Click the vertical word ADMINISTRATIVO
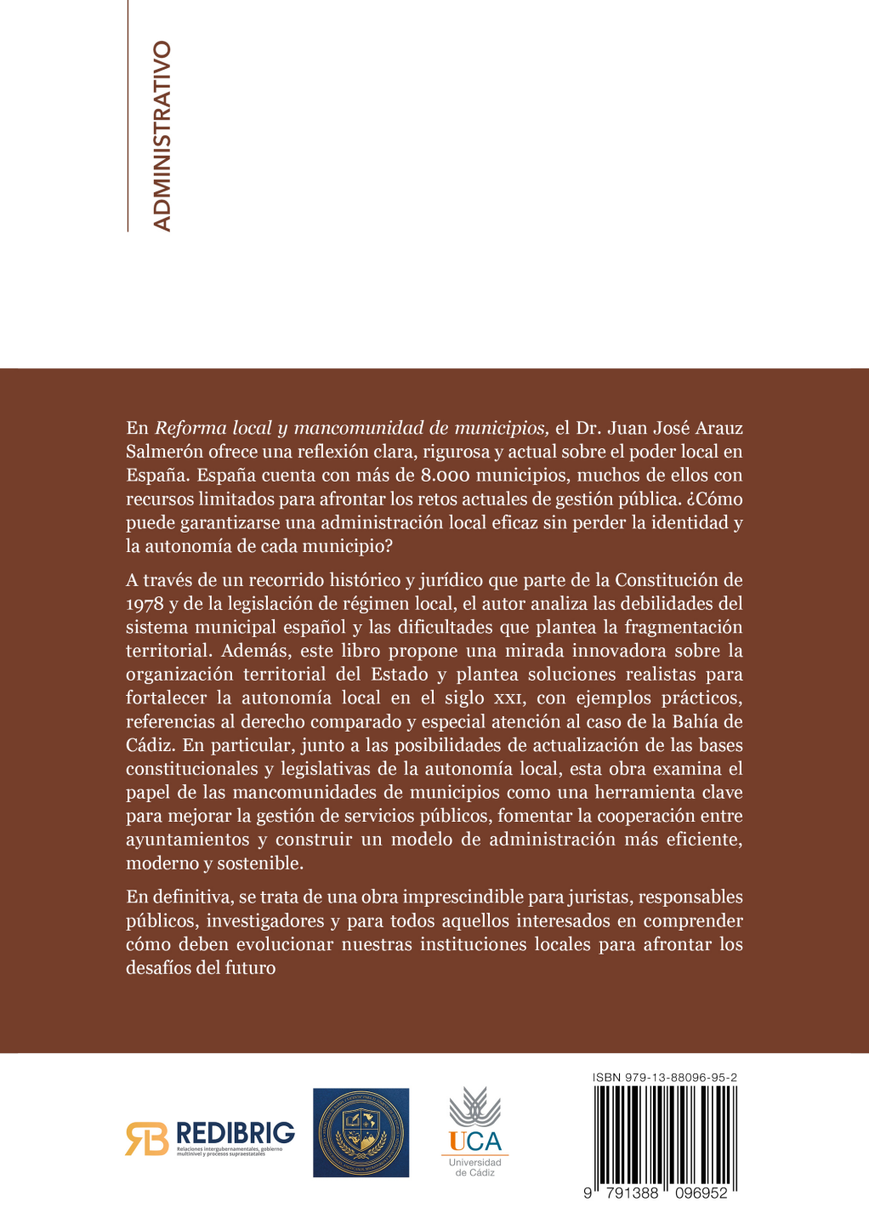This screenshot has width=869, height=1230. (x=162, y=136)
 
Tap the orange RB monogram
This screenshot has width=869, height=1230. (x=146, y=1138)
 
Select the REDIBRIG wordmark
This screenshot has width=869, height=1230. (x=235, y=1133)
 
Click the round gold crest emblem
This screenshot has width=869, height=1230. (x=361, y=1132)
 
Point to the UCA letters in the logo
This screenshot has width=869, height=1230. (x=475, y=1142)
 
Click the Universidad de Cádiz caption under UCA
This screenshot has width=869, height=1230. (x=475, y=1167)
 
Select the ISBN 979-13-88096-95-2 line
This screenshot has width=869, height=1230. (x=664, y=1077)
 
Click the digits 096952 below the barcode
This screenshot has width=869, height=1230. (x=701, y=1193)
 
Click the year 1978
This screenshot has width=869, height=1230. (x=145, y=604)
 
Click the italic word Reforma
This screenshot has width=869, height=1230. (x=190, y=428)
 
